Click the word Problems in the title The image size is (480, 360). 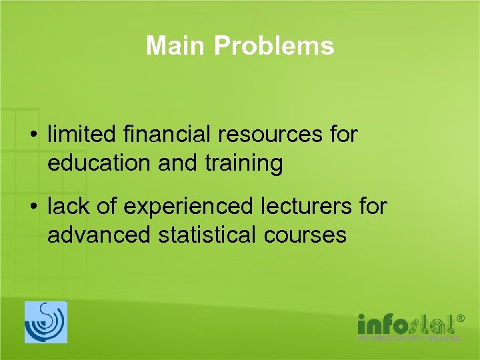pyautogui.click(x=274, y=46)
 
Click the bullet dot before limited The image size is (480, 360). pyautogui.click(x=33, y=135)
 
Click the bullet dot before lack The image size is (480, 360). pyautogui.click(x=33, y=207)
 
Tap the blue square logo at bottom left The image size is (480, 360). pyautogui.click(x=46, y=322)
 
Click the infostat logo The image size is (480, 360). pyautogui.click(x=406, y=324)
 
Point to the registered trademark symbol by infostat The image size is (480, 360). pyautogui.click(x=459, y=320)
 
